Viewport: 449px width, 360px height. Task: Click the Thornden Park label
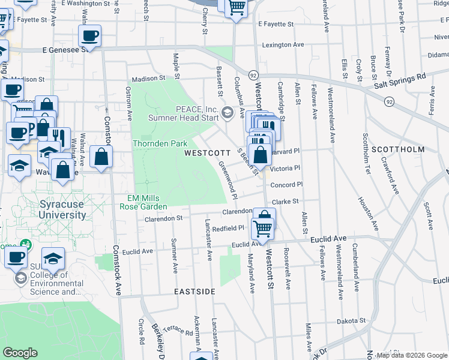click(160, 143)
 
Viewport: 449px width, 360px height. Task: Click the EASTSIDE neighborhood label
click(194, 292)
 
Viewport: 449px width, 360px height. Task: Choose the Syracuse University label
click(62, 209)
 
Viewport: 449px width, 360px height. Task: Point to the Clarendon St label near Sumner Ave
click(163, 219)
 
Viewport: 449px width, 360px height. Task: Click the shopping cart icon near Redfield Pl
click(262, 229)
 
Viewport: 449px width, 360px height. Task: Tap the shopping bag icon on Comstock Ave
click(101, 157)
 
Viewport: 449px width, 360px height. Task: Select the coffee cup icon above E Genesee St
click(89, 35)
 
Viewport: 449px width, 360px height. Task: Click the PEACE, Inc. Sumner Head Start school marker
click(228, 112)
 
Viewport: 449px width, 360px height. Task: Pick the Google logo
click(20, 353)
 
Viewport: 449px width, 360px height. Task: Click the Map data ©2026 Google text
click(411, 355)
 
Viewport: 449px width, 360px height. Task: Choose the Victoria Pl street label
click(285, 169)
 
